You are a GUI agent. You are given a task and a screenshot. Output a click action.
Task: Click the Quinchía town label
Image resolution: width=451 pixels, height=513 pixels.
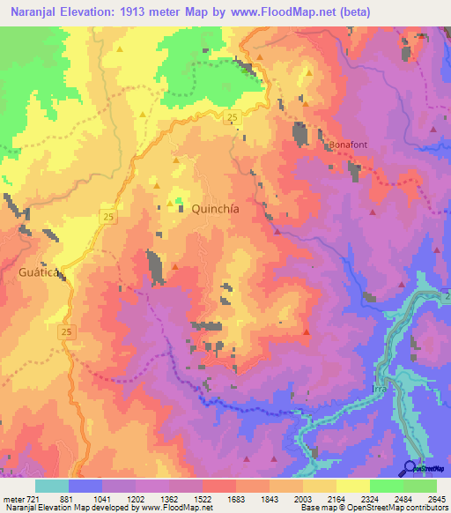click(x=216, y=209)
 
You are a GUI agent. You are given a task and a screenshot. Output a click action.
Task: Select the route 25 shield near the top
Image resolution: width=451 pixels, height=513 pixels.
click(x=231, y=117)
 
